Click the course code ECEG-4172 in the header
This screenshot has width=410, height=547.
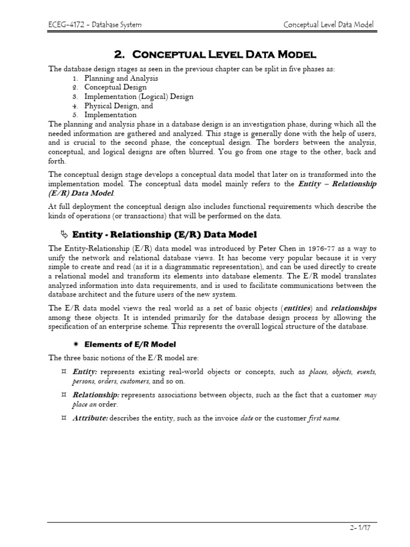64,25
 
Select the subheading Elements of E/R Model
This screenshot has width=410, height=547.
130,344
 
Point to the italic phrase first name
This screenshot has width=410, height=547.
324,418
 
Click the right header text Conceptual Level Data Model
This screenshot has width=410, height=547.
328,25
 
